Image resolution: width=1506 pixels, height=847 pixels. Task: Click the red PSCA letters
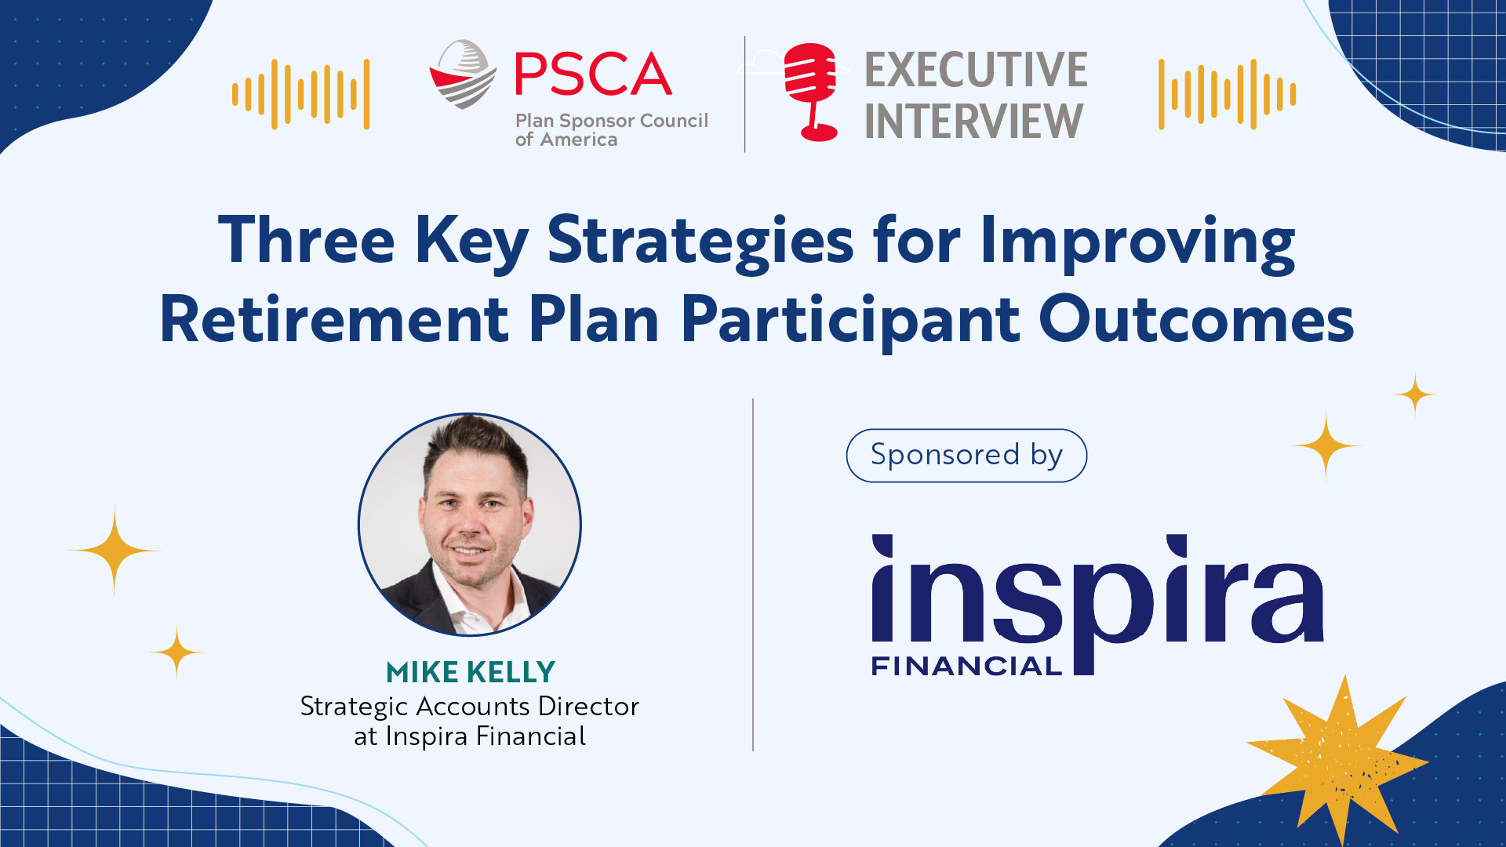[x=593, y=74]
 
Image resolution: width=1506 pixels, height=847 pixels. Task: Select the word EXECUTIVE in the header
[x=976, y=70]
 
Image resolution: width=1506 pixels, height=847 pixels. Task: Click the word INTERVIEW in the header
[x=973, y=121]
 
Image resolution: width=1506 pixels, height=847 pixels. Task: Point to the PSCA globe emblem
[x=463, y=75]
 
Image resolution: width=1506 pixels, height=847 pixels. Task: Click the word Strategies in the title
[x=700, y=242]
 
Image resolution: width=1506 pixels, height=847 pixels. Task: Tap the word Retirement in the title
[x=335, y=319]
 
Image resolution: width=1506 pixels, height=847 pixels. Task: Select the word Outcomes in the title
[x=1196, y=319]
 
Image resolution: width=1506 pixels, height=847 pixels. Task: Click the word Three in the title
[x=306, y=239]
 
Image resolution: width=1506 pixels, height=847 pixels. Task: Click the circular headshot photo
[x=470, y=525]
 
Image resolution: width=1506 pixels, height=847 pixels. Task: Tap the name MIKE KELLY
[x=471, y=672]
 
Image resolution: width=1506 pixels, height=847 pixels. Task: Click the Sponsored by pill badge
[x=966, y=456]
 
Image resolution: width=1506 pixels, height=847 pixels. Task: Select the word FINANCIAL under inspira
[x=966, y=667]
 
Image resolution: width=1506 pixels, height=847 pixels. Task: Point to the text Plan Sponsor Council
[x=612, y=121]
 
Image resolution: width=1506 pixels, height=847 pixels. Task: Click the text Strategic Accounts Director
[x=470, y=707]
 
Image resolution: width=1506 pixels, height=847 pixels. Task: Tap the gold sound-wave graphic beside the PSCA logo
[x=300, y=94]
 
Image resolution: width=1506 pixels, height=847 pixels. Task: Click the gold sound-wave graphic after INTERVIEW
[x=1228, y=94]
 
